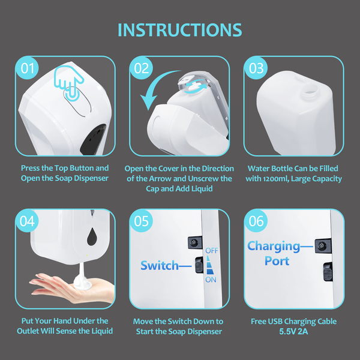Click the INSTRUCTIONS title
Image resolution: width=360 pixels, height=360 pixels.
180,30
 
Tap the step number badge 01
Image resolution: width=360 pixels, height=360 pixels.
27,68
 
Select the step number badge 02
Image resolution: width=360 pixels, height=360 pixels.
141,68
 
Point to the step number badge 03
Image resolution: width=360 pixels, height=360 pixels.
256,68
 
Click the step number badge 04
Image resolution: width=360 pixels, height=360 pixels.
27,221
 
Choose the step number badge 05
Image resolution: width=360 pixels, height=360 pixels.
141,221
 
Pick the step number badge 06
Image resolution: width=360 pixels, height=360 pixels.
256,221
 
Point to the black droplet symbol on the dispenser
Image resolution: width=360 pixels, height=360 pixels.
92,237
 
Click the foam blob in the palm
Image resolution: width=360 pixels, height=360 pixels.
82,283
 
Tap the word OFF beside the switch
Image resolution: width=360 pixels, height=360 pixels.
212,250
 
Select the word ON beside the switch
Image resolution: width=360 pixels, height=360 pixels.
211,280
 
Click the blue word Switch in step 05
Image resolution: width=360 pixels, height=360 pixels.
160,265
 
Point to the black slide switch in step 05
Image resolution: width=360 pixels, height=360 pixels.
199,265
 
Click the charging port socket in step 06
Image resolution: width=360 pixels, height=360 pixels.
323,246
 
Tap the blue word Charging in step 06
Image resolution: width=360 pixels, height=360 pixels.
274,247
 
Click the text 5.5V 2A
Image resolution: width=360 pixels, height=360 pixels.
293,331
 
